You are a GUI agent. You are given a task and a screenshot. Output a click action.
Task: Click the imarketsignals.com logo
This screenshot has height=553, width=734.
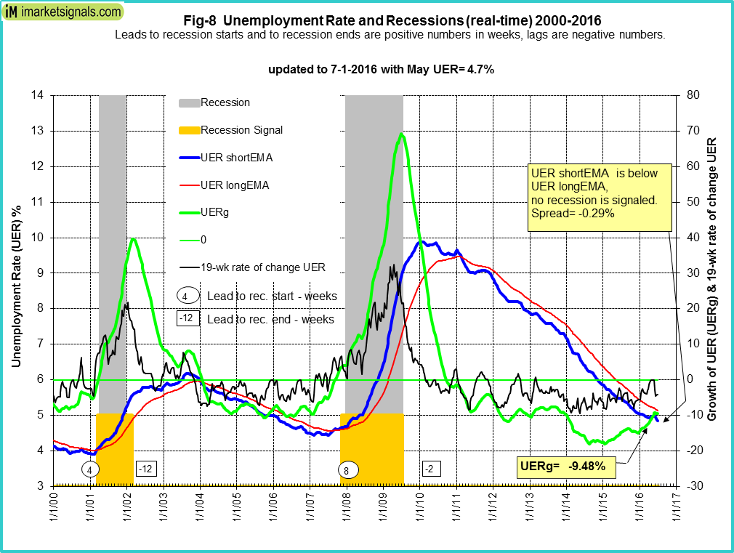tap(62, 12)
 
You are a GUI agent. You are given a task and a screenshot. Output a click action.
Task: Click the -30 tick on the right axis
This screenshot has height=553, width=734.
tap(693, 486)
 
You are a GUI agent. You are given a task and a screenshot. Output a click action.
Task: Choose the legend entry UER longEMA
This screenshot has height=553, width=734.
tap(234, 185)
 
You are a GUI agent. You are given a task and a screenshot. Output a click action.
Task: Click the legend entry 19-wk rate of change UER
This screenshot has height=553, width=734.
tap(262, 267)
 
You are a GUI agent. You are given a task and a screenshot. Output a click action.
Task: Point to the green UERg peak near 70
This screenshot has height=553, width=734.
tap(401, 134)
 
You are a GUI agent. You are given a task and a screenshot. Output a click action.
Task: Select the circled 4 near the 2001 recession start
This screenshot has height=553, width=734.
tap(89, 470)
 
